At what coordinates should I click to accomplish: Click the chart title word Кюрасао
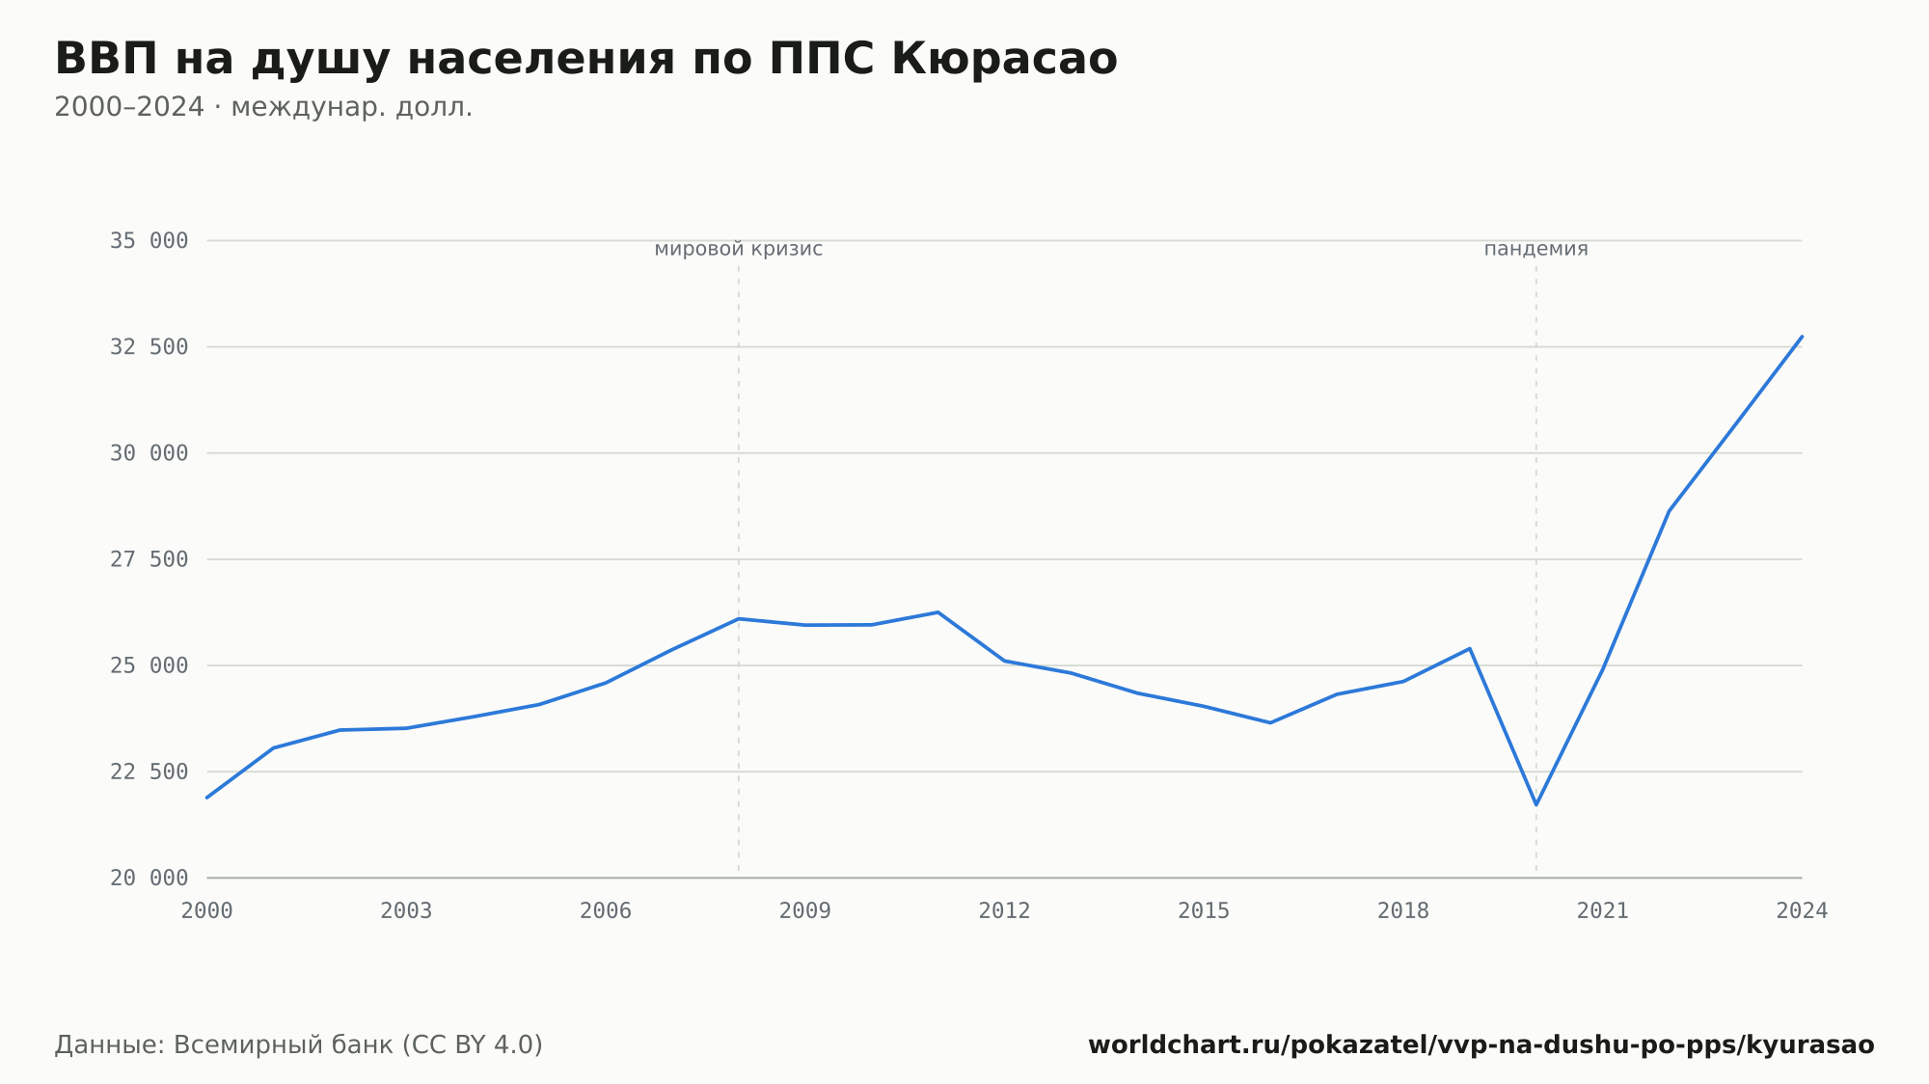(x=1004, y=59)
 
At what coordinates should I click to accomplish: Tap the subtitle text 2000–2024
(x=129, y=107)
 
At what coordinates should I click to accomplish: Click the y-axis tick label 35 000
(x=149, y=241)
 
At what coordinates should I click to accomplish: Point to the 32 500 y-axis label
(x=149, y=347)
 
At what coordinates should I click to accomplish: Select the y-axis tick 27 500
(x=149, y=559)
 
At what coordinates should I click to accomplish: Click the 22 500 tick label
(x=149, y=772)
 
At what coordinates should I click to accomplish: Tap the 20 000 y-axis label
(x=149, y=878)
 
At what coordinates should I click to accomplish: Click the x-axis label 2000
(x=207, y=911)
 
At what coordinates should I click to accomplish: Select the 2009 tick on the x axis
(x=805, y=911)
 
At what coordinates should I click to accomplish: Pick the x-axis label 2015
(x=1204, y=911)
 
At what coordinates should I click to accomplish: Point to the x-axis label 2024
(x=1802, y=911)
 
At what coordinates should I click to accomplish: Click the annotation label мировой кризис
(x=739, y=249)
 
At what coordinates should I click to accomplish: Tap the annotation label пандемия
(x=1535, y=249)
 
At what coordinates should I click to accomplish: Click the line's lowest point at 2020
(x=1536, y=804)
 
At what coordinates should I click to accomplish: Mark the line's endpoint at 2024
(x=1802, y=337)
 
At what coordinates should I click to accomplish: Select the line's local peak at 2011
(x=937, y=612)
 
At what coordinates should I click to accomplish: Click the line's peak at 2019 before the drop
(x=1469, y=648)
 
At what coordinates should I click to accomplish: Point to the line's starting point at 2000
(x=207, y=798)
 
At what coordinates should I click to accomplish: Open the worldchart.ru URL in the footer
(x=1481, y=1045)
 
